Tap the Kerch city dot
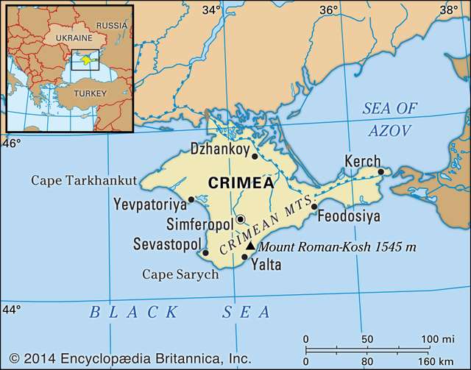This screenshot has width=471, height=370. pos(381,172)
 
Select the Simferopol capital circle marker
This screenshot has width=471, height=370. pos(240,218)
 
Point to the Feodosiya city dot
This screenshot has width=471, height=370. pos(314,207)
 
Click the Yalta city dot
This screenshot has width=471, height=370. pos(245,257)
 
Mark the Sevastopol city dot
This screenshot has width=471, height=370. pos(205,253)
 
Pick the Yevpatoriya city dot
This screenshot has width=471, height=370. pos(191,199)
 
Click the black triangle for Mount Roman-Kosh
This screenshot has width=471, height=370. pos(250,246)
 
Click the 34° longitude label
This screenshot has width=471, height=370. pos(212,10)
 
